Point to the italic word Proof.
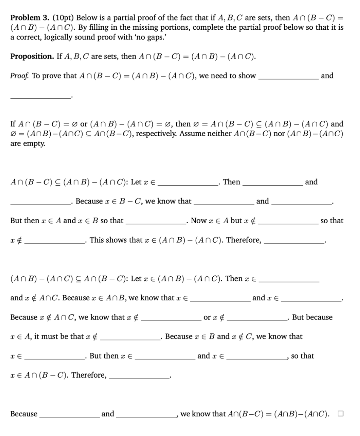pyautogui.click(x=20, y=76)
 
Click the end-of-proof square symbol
pyautogui.click(x=340, y=413)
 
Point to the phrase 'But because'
pyautogui.click(x=312, y=317)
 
